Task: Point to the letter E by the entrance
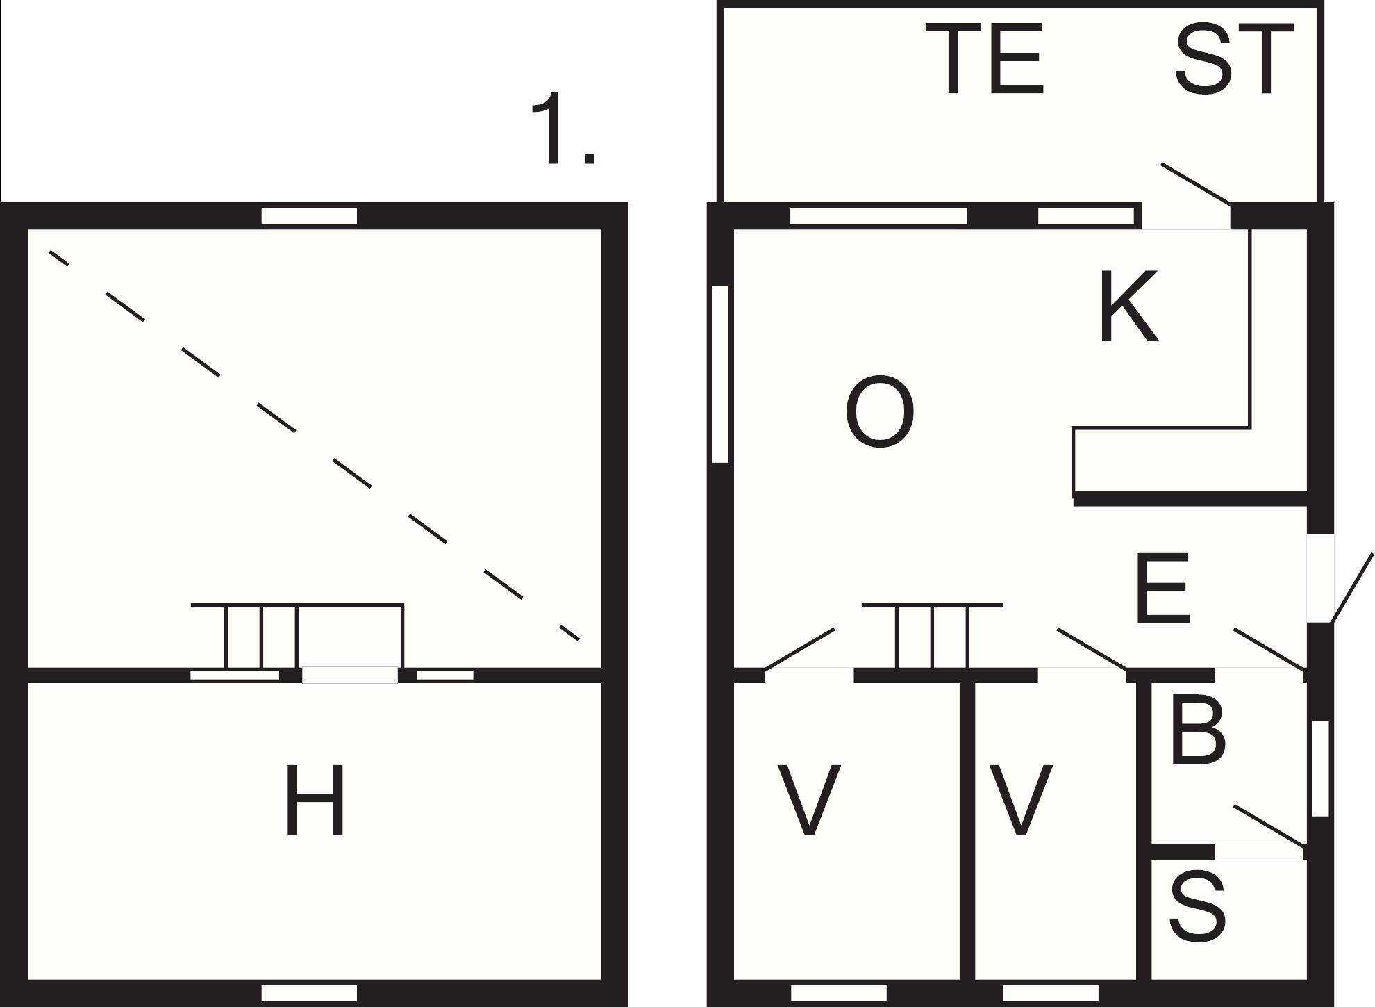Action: click(1163, 588)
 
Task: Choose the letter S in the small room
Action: click(1197, 907)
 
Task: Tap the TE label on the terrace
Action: click(994, 58)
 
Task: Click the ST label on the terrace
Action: click(1233, 58)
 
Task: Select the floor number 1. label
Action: click(562, 129)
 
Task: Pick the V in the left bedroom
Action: click(808, 799)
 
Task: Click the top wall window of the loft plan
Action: click(309, 216)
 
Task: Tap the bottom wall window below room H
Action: click(309, 993)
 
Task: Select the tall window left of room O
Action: click(721, 374)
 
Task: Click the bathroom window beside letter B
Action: click(1320, 768)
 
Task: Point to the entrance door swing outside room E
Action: click(1351, 588)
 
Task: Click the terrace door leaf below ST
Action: click(1196, 184)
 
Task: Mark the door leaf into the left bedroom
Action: click(799, 649)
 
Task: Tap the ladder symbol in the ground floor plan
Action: click(932, 636)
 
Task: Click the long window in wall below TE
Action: click(878, 216)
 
